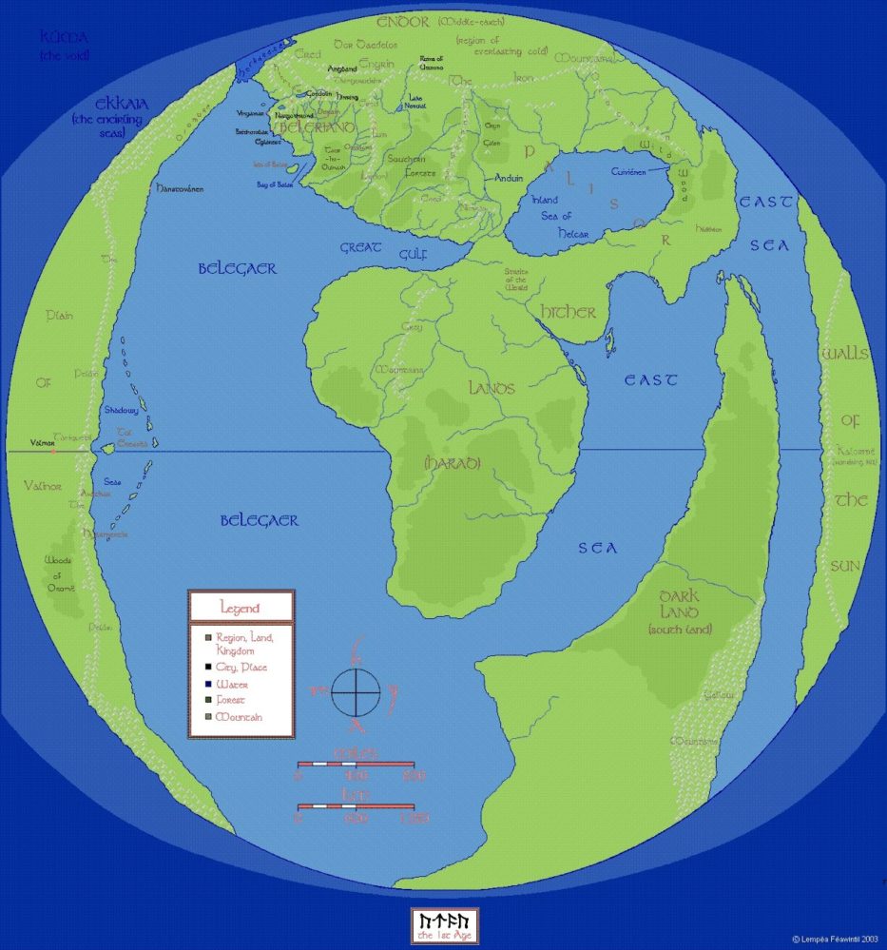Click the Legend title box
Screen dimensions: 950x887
[241, 607]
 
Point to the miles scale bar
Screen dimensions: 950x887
[356, 764]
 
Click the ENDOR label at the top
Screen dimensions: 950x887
[404, 22]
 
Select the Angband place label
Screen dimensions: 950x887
[342, 69]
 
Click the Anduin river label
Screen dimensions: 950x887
[510, 179]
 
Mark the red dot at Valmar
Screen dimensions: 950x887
[53, 451]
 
